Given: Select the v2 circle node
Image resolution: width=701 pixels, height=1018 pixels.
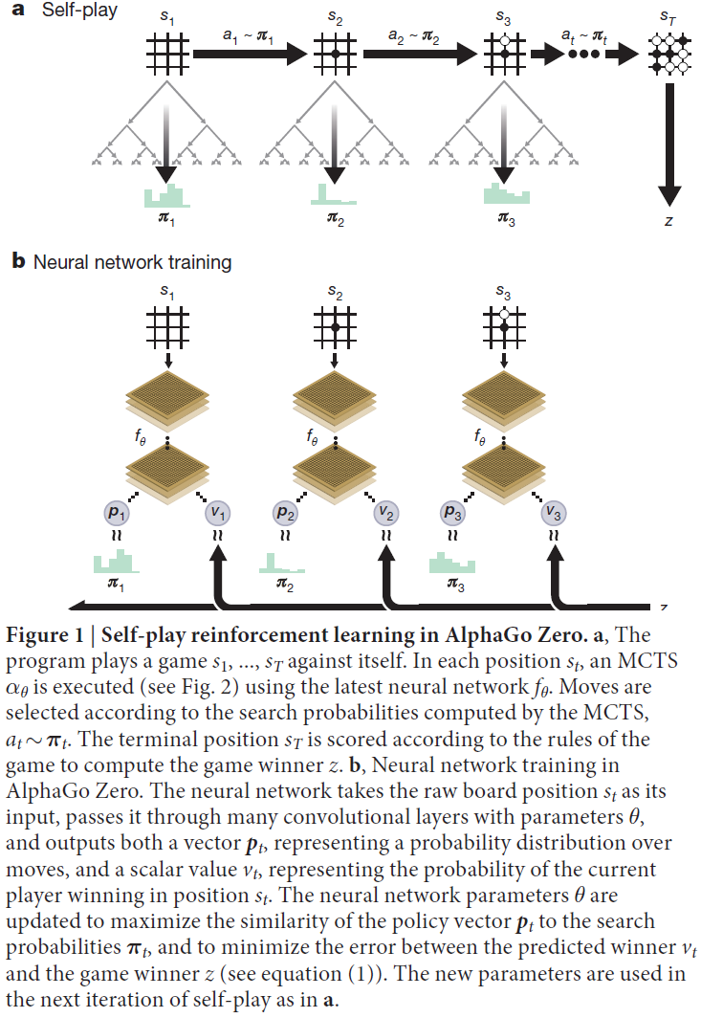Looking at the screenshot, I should (385, 513).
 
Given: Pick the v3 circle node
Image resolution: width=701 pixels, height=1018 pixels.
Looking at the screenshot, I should (553, 513).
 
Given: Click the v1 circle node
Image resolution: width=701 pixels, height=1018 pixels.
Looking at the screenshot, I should (217, 513).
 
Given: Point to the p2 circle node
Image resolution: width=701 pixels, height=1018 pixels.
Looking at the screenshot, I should (284, 513).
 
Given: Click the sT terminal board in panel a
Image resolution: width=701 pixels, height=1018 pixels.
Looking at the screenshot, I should (668, 55).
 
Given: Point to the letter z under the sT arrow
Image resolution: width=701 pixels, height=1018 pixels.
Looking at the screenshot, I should (668, 221).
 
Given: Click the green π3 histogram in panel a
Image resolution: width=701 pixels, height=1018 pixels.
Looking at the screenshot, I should (506, 194).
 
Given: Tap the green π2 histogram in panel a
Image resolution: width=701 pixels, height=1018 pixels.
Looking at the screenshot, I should (335, 194).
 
